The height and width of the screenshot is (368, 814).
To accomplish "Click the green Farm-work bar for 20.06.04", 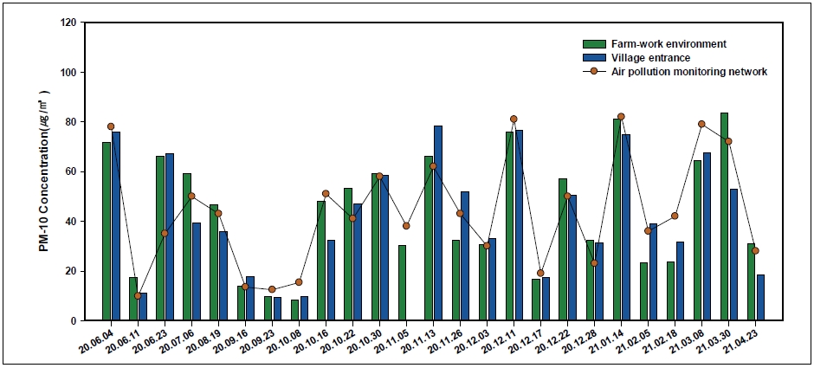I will coord(107,231).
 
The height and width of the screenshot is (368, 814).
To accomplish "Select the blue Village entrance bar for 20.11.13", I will coord(438,223).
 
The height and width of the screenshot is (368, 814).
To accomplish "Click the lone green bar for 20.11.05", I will coord(402,282).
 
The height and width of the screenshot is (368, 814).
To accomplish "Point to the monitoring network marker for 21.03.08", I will coord(701,124).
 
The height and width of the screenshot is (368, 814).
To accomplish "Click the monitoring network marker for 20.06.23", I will coord(165,233).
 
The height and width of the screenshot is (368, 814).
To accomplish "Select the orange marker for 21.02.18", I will coord(675,216).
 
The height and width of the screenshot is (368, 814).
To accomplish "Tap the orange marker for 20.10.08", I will coord(299,281).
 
